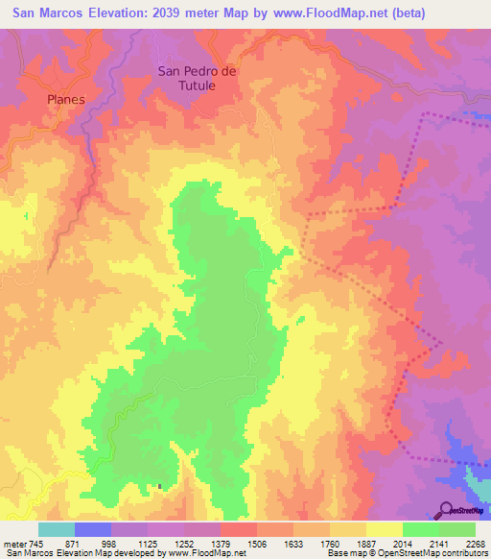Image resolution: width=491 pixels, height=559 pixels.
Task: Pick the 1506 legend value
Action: [x=257, y=544]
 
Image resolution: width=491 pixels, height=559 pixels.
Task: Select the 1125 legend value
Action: [x=148, y=544]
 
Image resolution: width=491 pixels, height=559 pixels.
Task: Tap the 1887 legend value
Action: [x=365, y=544]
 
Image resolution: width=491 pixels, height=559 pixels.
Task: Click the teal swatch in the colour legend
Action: [x=57, y=529]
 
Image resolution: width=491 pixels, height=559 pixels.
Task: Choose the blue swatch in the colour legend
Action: [x=93, y=529]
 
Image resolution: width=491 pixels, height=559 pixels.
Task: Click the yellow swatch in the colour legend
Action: [x=384, y=529]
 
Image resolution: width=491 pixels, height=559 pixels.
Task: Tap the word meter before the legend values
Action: [x=14, y=544]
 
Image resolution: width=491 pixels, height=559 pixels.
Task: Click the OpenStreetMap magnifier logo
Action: [x=447, y=508]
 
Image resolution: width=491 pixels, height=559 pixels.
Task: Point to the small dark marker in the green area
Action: [x=160, y=486]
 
